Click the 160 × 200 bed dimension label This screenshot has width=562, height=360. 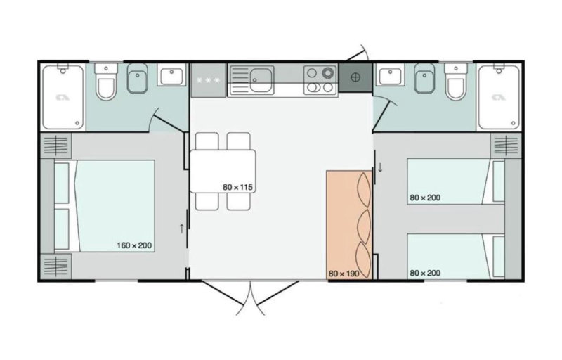(134, 245)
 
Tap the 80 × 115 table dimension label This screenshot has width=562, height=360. (237, 187)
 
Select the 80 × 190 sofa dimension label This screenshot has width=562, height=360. (344, 274)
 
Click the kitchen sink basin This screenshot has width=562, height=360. (261, 79)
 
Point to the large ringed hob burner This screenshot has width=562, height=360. (327, 73)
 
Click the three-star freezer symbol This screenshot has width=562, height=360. (208, 80)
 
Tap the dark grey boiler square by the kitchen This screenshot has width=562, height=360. (355, 77)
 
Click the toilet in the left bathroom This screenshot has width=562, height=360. (106, 82)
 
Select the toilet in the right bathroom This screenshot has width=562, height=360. (456, 82)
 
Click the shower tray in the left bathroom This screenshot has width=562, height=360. (63, 97)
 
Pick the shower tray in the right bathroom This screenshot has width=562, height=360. (499, 97)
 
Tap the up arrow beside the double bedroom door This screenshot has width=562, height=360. (181, 229)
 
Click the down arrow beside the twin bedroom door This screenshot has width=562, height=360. (380, 167)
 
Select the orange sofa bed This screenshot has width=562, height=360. (349, 225)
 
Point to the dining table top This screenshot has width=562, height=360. (223, 172)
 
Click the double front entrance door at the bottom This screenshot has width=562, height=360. (250, 297)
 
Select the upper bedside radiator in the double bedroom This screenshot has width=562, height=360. (55, 146)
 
